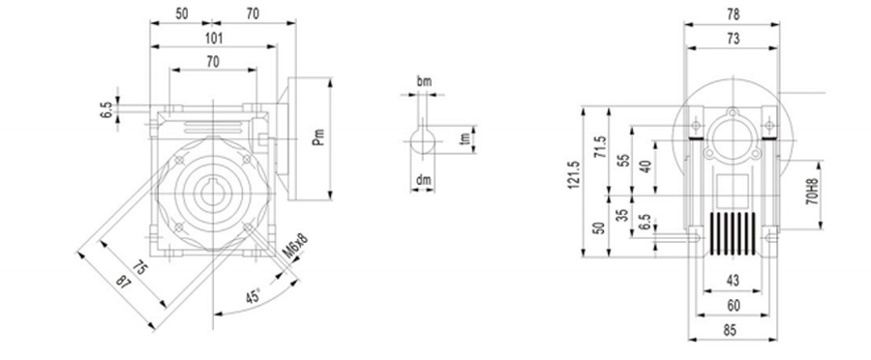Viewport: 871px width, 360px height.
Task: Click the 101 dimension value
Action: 214,39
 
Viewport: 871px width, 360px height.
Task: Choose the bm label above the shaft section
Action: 423,82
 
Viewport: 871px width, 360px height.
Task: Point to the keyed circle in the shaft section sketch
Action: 423,143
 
